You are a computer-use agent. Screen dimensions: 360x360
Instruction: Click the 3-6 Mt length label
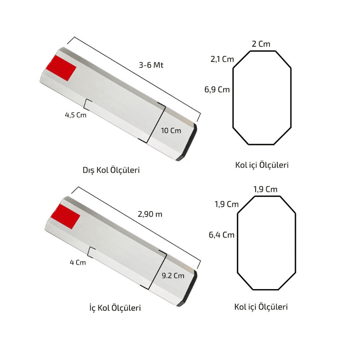tap(151, 65)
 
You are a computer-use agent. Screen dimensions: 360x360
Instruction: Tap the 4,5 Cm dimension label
tap(76, 115)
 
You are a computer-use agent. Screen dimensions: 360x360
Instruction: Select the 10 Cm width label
tap(171, 131)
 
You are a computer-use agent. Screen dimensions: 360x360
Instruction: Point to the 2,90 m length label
tap(150, 214)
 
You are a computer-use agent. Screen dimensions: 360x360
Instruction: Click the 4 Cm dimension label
tap(78, 262)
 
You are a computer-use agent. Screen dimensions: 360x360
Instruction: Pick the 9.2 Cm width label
tap(173, 275)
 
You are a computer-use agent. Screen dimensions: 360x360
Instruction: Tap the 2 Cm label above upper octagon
tap(261, 44)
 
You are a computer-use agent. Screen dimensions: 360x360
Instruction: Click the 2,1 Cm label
tap(222, 59)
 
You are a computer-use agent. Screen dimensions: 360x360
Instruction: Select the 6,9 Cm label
tap(217, 90)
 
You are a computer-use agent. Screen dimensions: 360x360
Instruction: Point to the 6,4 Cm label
tap(221, 235)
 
